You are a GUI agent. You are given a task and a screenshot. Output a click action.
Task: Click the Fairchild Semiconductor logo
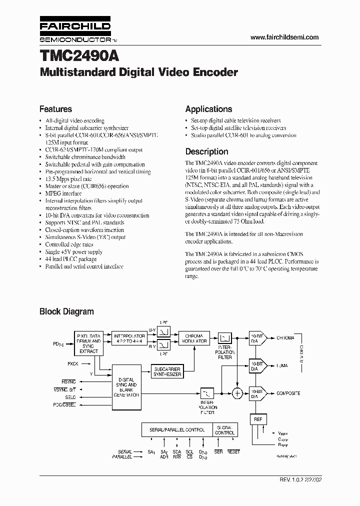[75, 31]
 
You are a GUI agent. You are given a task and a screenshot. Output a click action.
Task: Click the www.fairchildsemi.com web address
[284, 37]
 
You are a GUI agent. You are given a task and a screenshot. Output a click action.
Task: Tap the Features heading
[55, 109]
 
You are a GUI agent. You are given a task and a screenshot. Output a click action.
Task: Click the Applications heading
[208, 109]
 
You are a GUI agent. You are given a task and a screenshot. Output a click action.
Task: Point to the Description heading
[206, 151]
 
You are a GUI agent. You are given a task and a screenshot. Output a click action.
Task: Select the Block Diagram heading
[66, 311]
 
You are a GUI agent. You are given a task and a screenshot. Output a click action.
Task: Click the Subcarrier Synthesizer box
[167, 370]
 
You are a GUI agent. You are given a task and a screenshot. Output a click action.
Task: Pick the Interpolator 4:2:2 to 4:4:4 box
[128, 338]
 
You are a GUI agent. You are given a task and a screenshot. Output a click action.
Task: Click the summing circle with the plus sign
[238, 394]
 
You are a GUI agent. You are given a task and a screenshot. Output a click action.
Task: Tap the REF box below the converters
[258, 419]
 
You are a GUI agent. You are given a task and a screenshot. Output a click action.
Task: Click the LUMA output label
[282, 366]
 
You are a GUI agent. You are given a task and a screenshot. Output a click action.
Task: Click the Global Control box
[224, 430]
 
